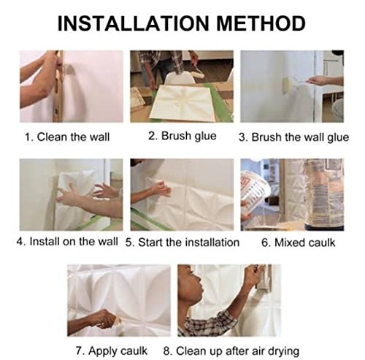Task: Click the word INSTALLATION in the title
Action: pyautogui.click(x=134, y=23)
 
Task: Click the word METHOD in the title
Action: pyautogui.click(x=261, y=23)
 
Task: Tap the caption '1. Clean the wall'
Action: pyautogui.click(x=67, y=137)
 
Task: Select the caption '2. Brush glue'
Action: pyautogui.click(x=182, y=136)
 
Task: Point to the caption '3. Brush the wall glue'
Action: pyautogui.click(x=293, y=137)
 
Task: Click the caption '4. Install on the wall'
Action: pyautogui.click(x=67, y=242)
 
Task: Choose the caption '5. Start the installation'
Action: pyautogui.click(x=182, y=242)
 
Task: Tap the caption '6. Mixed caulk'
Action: pyautogui.click(x=298, y=242)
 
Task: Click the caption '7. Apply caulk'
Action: pyautogui.click(x=112, y=351)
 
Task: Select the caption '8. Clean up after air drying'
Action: pyautogui.click(x=231, y=351)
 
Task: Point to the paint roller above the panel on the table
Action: pyautogui.click(x=199, y=72)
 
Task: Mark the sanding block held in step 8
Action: pyautogui.click(x=264, y=277)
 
